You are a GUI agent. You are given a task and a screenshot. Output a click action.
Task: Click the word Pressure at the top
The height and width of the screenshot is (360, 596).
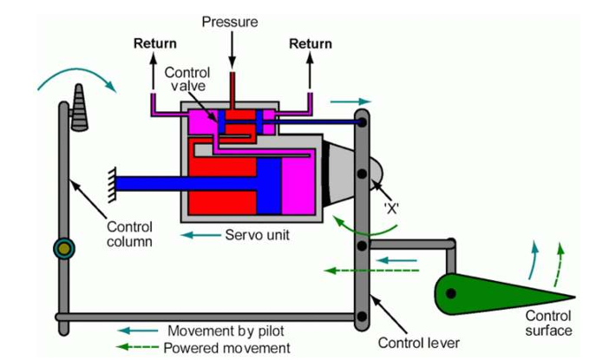pyautogui.click(x=230, y=22)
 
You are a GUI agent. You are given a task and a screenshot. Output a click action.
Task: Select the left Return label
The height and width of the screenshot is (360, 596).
pyautogui.click(x=155, y=43)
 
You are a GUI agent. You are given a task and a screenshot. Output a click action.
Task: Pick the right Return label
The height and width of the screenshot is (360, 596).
pyautogui.click(x=311, y=43)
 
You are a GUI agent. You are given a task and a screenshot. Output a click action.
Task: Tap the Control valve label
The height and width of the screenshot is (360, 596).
pyautogui.click(x=187, y=79)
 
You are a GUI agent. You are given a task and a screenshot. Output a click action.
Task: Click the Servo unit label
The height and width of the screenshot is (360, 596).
pyautogui.click(x=258, y=235)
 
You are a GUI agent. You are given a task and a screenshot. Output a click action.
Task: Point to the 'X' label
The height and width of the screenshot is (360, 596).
pyautogui.click(x=391, y=208)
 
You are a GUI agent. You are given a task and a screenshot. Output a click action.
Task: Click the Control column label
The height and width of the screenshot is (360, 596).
pyautogui.click(x=129, y=234)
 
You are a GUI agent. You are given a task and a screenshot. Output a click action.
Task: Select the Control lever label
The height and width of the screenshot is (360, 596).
pyautogui.click(x=419, y=343)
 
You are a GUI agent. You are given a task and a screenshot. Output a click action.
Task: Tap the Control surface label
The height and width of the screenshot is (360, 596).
pyautogui.click(x=548, y=323)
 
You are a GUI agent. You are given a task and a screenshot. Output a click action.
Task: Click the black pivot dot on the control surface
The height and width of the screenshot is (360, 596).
pyautogui.click(x=451, y=293)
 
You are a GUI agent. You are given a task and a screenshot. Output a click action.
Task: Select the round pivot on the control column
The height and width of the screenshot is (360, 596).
pyautogui.click(x=64, y=249)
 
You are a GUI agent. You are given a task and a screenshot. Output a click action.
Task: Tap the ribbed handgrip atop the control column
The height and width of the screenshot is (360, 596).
pyautogui.click(x=79, y=108)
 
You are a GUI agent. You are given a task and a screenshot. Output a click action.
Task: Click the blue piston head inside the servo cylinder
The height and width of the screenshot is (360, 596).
pyautogui.click(x=269, y=187)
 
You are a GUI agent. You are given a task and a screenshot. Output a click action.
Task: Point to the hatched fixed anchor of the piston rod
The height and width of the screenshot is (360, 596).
pyautogui.click(x=112, y=185)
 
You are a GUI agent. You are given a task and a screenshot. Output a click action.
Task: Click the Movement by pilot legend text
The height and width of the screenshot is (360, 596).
pyautogui.click(x=226, y=331)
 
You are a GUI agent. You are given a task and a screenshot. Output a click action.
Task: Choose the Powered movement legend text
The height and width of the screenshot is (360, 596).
pyautogui.click(x=227, y=348)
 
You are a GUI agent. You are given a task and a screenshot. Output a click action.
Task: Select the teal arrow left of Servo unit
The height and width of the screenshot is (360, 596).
pyautogui.click(x=200, y=235)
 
